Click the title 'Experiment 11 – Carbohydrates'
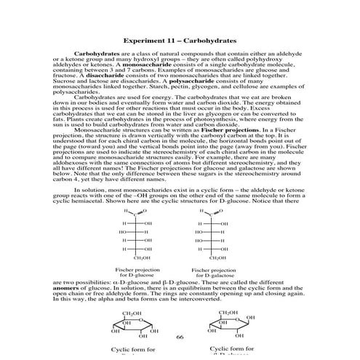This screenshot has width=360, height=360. [x=179, y=40]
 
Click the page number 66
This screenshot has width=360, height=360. [x=179, y=337]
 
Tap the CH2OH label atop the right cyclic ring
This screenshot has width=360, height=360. [x=228, y=313]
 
